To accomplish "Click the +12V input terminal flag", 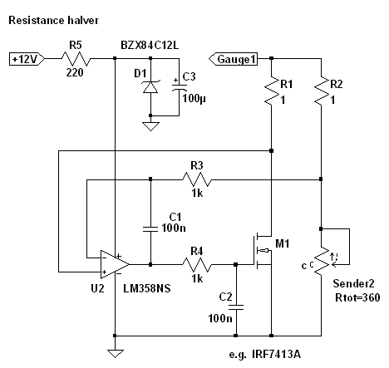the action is click(x=27, y=59).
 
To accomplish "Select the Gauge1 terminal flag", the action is click(x=233, y=59).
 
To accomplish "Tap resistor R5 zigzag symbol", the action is click(x=76, y=58).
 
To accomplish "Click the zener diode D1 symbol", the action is click(x=150, y=87).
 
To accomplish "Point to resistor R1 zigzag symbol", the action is click(x=272, y=91).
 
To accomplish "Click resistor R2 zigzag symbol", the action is click(x=322, y=91).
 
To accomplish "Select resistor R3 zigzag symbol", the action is click(x=197, y=179).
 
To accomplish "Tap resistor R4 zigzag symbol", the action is click(x=197, y=264).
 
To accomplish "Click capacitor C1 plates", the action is click(x=150, y=228).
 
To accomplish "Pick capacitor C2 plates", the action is click(x=236, y=307).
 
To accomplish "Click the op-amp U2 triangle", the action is click(x=114, y=264).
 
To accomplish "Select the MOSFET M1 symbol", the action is click(x=263, y=251).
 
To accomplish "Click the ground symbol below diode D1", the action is click(x=150, y=126).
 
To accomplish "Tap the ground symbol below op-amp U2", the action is click(x=115, y=354).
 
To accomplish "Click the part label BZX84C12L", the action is click(x=150, y=45).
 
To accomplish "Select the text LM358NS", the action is click(x=147, y=288).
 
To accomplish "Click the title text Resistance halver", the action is click(x=53, y=20).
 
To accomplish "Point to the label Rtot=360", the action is click(x=357, y=297).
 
